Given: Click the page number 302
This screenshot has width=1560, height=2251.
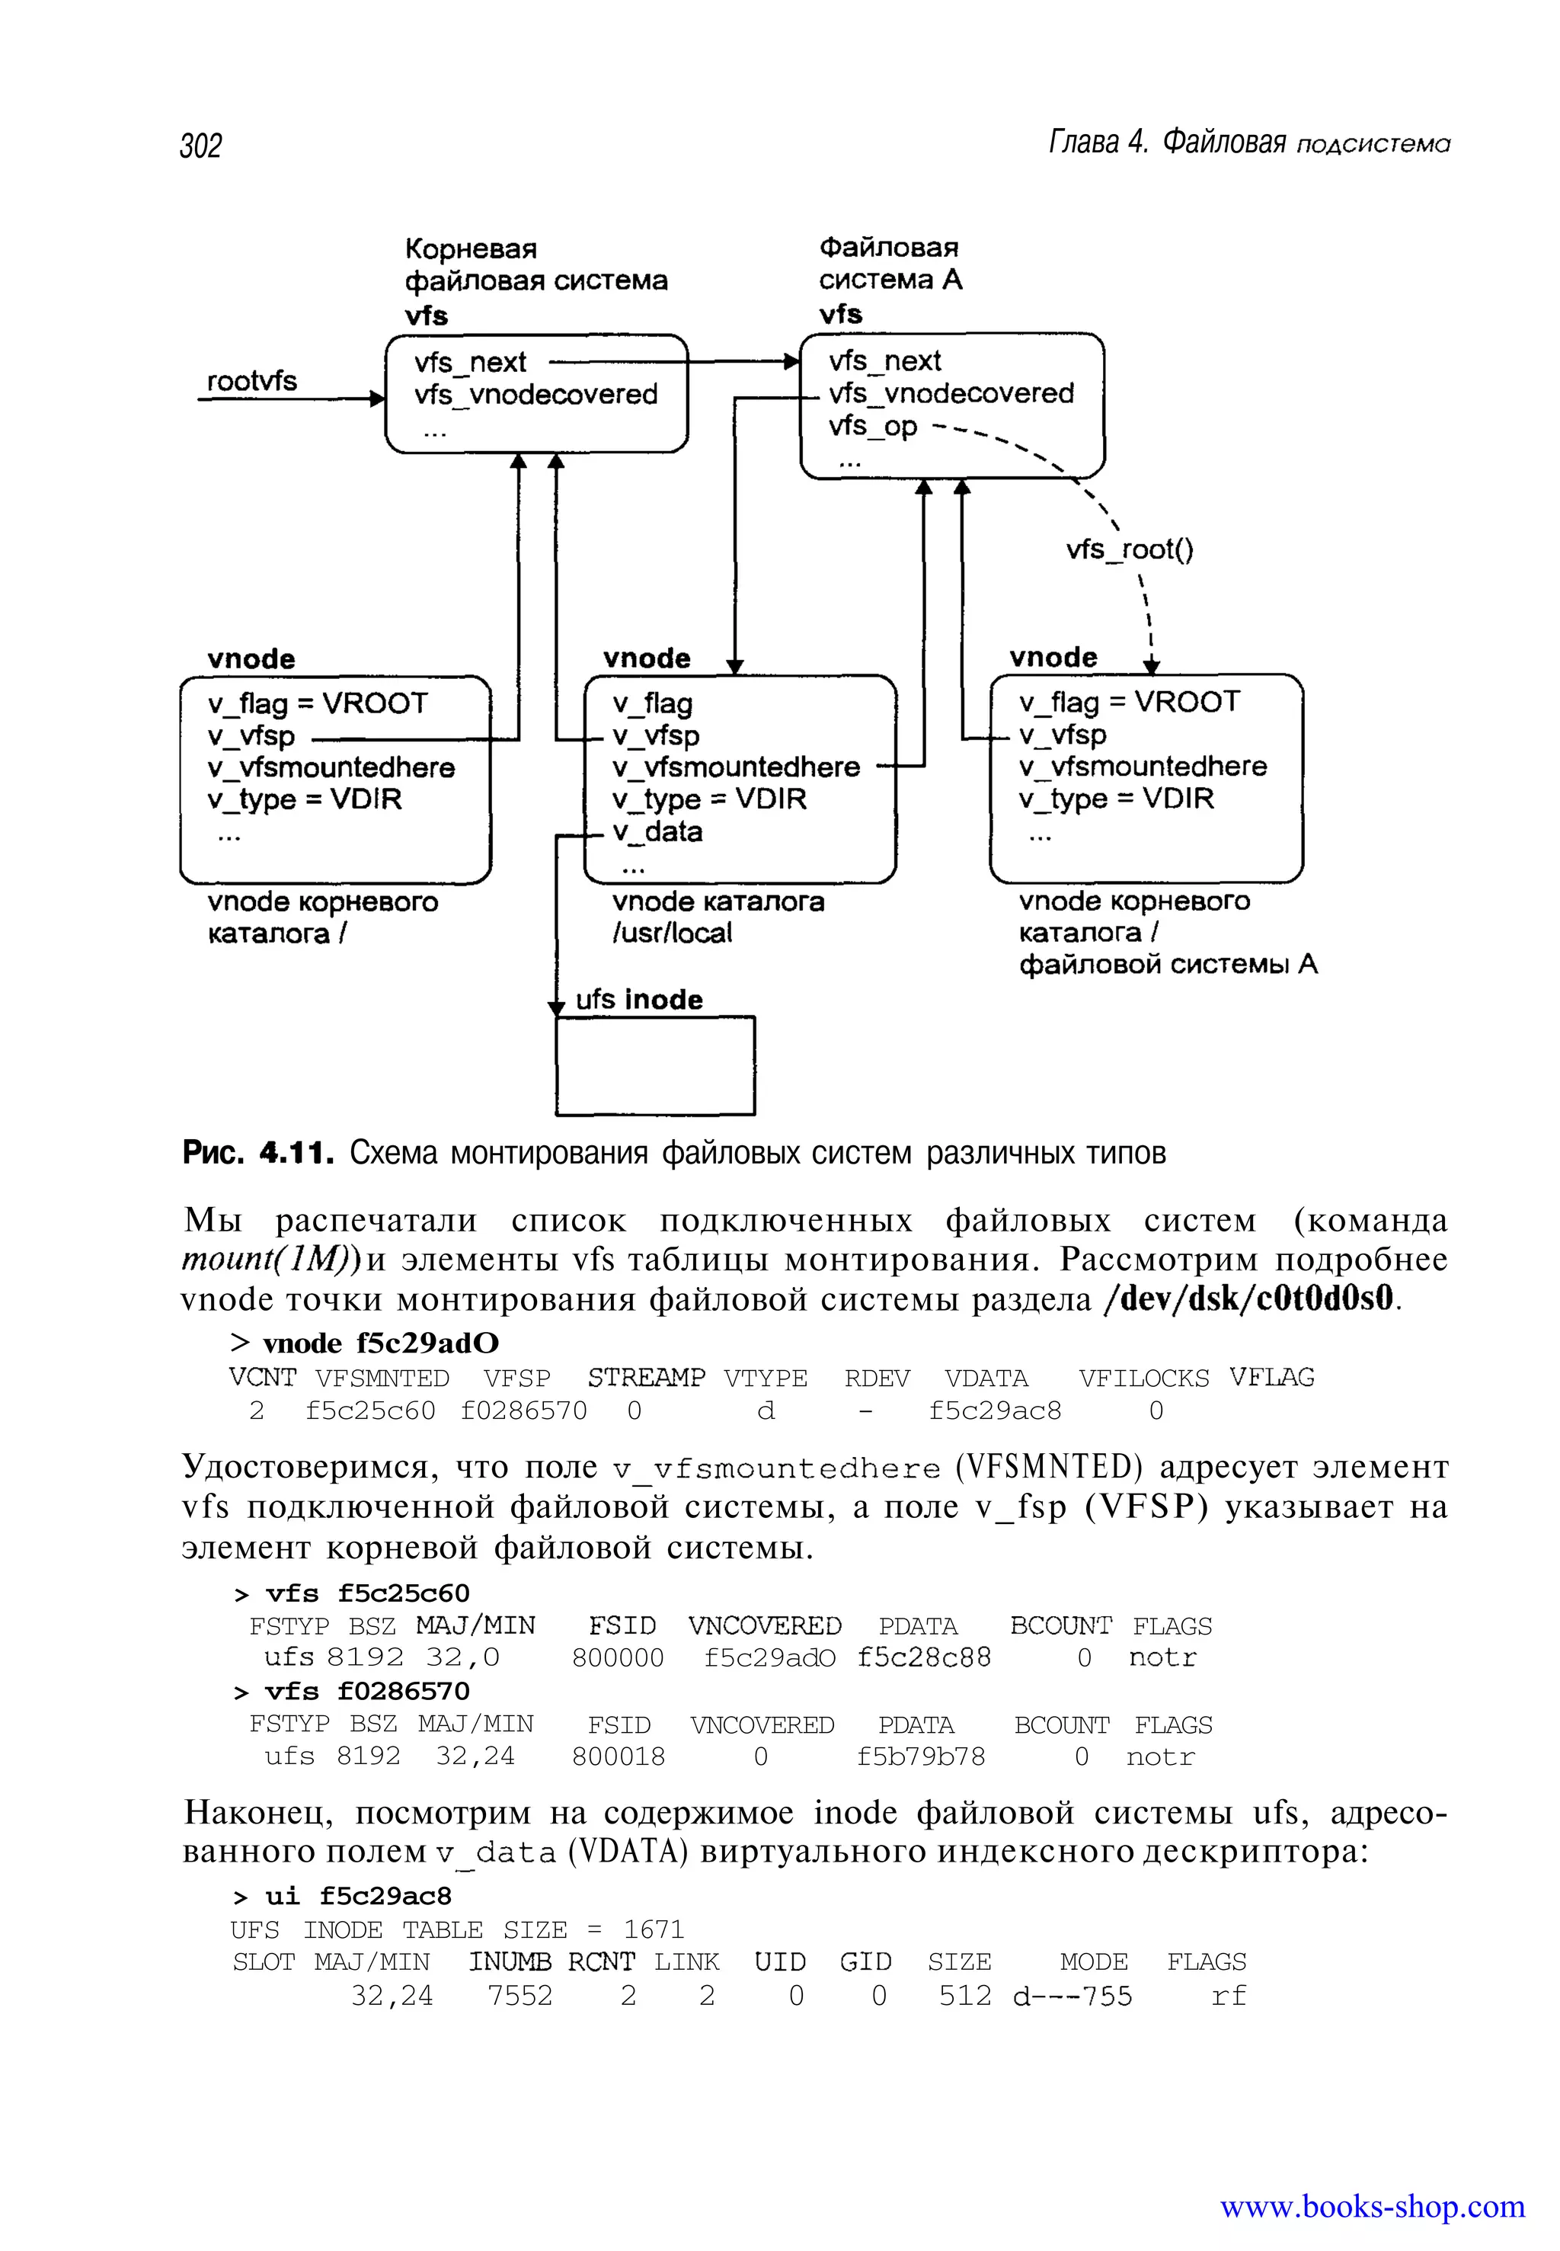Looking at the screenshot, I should click(x=200, y=146).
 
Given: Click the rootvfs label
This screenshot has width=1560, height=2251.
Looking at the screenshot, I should click(x=251, y=380).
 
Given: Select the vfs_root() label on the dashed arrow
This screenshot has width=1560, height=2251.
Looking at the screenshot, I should click(x=1129, y=549).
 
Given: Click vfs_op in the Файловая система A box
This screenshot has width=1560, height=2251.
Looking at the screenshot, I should click(x=873, y=426).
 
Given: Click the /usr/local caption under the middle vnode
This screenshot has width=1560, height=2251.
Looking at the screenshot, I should click(x=672, y=933).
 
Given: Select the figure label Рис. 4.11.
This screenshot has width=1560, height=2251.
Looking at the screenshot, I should click(x=258, y=1153).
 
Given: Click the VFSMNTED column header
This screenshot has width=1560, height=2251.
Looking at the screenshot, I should click(x=382, y=1378).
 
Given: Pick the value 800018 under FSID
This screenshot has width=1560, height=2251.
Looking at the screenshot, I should click(x=618, y=1756).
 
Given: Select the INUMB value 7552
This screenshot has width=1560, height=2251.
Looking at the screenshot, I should click(x=520, y=1995).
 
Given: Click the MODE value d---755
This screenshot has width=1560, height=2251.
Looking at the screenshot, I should click(x=1072, y=1996).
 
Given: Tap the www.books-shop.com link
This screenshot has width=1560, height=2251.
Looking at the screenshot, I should click(x=1371, y=2206).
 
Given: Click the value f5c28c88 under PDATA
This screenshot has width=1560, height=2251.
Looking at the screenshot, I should click(x=924, y=1657).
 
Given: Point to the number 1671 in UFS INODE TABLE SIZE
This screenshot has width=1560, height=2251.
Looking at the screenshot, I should click(x=653, y=1929).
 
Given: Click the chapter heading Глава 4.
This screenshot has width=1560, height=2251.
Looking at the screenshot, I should click(x=1098, y=142).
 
